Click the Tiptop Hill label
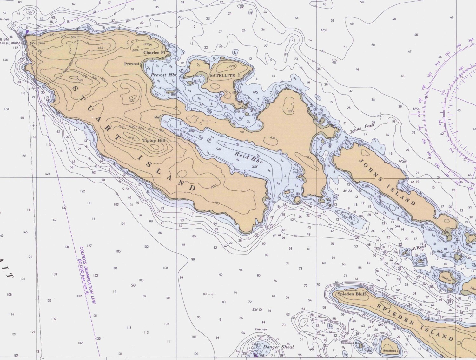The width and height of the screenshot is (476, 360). point(154,140)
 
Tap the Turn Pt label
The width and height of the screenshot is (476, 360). point(36,48)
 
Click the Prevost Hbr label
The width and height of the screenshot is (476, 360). point(163,75)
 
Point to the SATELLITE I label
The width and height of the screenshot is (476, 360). point(225,76)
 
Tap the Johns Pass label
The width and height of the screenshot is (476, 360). point(362,128)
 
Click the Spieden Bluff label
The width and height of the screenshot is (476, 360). point(352,294)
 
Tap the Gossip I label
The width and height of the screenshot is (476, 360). point(308,205)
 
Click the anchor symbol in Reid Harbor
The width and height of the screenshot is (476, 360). point(209,140)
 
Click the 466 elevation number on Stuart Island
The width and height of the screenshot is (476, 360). point(101,48)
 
